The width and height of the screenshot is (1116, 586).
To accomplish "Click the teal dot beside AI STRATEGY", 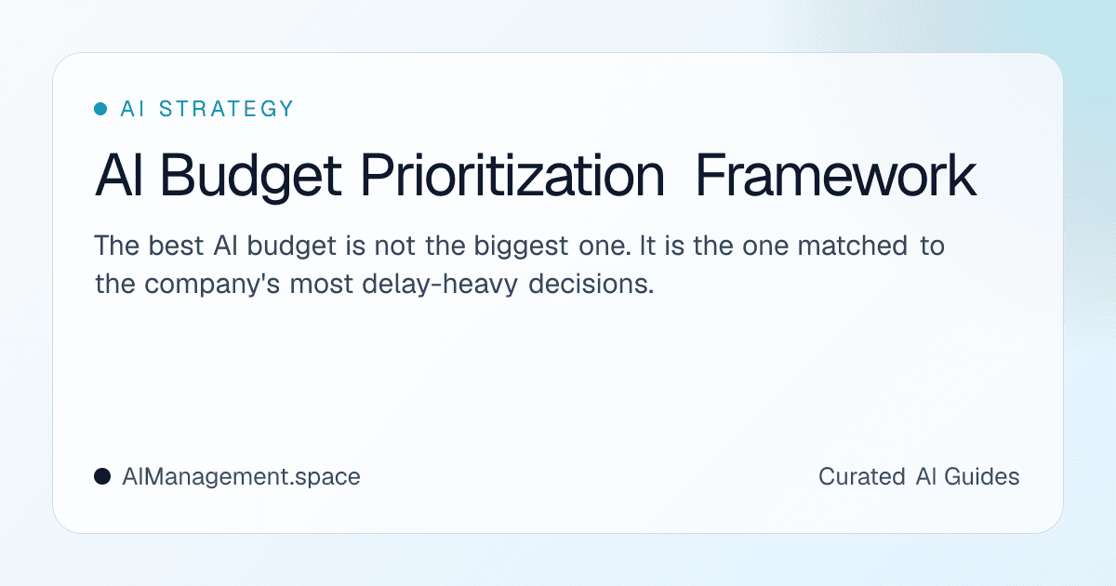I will tap(100, 109).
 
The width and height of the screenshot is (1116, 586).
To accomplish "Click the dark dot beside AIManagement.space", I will tap(102, 477).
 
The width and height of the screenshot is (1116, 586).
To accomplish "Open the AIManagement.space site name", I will tap(241, 477).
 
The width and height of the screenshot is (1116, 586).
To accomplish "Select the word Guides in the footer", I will tap(982, 477).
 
